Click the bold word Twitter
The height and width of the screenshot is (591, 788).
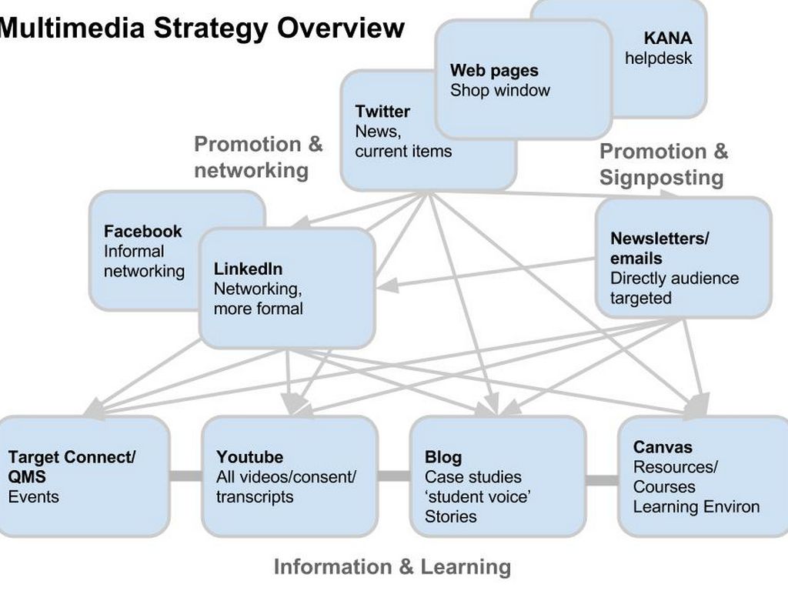382,112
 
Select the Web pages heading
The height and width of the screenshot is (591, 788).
494,70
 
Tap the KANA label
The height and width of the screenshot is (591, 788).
668,38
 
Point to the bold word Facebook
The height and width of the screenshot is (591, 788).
143,231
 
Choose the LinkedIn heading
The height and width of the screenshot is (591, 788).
248,269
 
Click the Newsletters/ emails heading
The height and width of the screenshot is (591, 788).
659,249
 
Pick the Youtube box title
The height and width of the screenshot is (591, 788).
249,457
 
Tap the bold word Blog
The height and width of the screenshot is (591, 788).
443,457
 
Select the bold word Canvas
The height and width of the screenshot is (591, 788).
663,447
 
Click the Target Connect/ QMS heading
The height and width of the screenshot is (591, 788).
72,467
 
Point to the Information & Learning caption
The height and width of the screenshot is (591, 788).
392,567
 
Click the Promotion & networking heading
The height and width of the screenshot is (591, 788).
258,157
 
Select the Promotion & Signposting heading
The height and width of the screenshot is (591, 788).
663,165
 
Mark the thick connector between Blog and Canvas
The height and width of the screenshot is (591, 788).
602,481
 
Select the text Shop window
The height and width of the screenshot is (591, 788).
500,90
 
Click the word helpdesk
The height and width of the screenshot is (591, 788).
659,58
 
